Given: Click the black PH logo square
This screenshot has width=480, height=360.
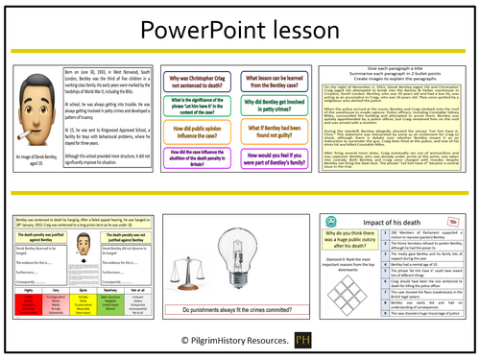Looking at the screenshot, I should [x=308, y=340].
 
